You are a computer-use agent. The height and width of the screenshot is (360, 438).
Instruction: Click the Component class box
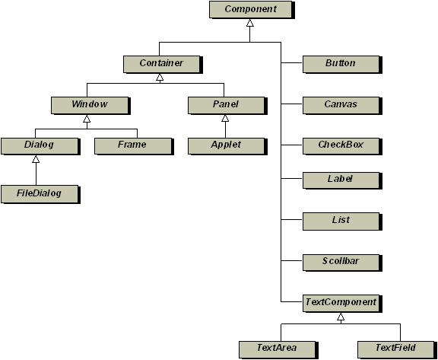pos(252,10)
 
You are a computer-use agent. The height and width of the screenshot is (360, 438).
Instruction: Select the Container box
pos(163,65)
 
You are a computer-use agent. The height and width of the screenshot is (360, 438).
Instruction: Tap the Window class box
pos(90,105)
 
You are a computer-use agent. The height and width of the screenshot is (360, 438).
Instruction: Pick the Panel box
pos(227,105)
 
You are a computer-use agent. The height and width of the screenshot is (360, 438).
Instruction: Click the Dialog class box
pos(40,146)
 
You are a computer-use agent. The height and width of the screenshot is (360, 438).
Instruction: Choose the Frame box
pos(134,146)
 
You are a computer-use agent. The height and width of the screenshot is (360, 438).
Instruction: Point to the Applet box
pos(227,146)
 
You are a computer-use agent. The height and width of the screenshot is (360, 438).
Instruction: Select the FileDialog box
pos(40,194)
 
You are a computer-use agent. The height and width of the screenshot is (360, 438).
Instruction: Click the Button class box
pos(342,65)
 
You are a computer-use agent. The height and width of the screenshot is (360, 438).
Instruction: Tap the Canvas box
pos(342,105)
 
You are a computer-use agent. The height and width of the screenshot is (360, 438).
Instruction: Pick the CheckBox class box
pos(342,146)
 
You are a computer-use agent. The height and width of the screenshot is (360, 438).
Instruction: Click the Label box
pos(342,180)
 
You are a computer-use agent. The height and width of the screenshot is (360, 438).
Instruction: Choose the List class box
pos(342,221)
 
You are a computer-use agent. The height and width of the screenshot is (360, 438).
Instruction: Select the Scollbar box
pos(342,263)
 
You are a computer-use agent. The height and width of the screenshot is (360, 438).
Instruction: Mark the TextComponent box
pos(342,304)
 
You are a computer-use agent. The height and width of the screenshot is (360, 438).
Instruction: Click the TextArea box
pos(278,349)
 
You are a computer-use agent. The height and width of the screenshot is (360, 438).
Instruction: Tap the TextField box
pos(397,349)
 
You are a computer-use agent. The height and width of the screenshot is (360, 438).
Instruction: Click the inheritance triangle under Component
pos(249,23)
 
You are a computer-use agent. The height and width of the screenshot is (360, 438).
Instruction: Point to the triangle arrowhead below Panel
pos(225,118)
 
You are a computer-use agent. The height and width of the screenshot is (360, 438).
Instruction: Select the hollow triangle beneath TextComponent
pos(341,317)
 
